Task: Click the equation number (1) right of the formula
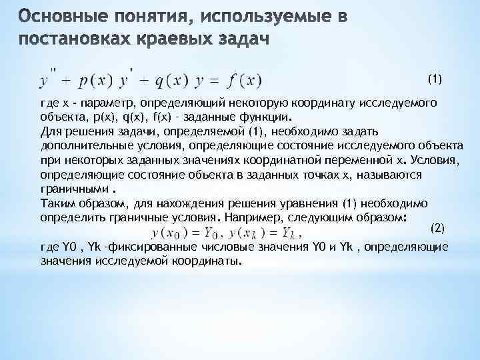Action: pos(435,79)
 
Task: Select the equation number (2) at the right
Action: pos(437,227)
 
